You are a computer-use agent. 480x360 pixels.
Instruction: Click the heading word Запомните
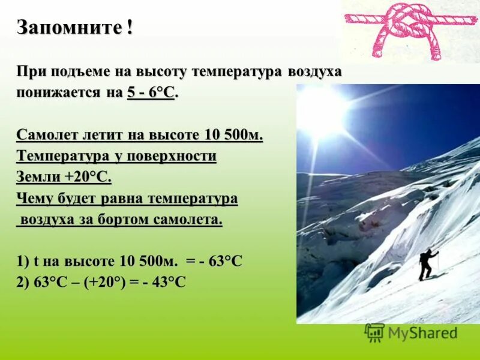point(70,27)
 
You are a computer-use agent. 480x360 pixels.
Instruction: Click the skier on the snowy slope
point(428,265)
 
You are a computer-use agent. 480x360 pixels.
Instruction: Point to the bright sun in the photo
point(323,111)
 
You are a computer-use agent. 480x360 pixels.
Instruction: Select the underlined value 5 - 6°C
point(151,94)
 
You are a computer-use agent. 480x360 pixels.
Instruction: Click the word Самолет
point(47,135)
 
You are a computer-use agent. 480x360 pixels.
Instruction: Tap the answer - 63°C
point(221,262)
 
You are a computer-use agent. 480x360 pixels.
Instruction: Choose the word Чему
point(36,199)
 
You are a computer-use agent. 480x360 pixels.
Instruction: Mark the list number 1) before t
point(23,262)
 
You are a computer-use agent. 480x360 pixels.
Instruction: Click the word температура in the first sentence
point(229,72)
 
